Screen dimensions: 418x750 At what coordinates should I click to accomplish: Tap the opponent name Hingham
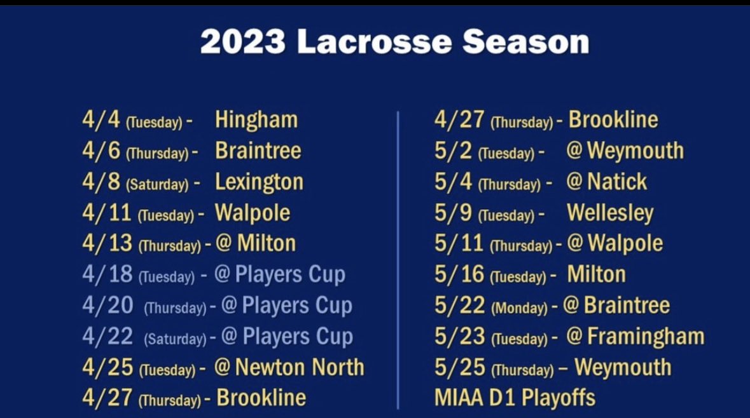pyautogui.click(x=256, y=119)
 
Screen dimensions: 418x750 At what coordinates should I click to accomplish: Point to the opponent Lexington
pyautogui.click(x=259, y=182)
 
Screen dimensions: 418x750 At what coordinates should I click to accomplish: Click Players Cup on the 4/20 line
pyautogui.click(x=296, y=306)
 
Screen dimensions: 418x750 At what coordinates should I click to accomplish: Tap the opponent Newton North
pyautogui.click(x=299, y=367)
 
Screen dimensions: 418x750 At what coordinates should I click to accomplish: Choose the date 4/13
pyautogui.click(x=107, y=243)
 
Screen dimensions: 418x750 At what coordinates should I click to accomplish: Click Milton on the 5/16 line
pyautogui.click(x=596, y=274)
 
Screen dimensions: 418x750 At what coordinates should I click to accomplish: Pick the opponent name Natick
pyautogui.click(x=616, y=182)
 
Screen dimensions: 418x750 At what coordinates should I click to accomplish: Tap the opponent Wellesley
pyautogui.click(x=609, y=213)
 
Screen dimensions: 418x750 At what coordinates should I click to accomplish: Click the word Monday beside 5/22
pyautogui.click(x=519, y=308)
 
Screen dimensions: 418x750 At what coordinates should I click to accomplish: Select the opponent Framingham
pyautogui.click(x=645, y=336)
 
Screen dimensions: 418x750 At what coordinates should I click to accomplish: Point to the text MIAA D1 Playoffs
pyautogui.click(x=515, y=398)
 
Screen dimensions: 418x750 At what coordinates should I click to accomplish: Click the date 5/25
pyautogui.click(x=459, y=367)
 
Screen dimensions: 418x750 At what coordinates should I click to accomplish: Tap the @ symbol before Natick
pyautogui.click(x=574, y=182)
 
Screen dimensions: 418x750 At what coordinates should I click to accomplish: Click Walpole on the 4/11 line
pyautogui.click(x=252, y=213)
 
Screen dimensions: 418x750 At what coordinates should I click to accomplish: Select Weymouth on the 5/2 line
pyautogui.click(x=635, y=151)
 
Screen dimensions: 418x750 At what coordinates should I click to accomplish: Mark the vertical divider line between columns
pyautogui.click(x=398, y=260)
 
